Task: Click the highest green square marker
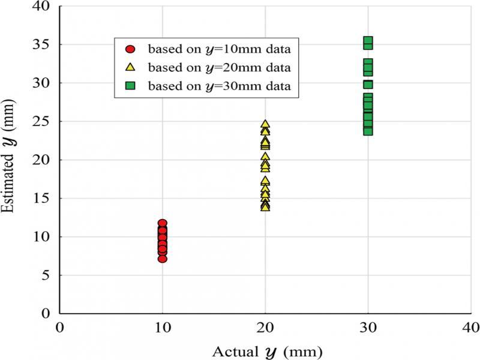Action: [368, 42]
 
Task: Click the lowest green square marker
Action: [368, 130]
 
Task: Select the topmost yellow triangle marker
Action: [265, 125]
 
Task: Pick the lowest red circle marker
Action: [162, 258]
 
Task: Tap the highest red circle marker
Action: [162, 224]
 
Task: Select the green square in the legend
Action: [130, 85]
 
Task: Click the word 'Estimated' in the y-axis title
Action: [10, 185]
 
